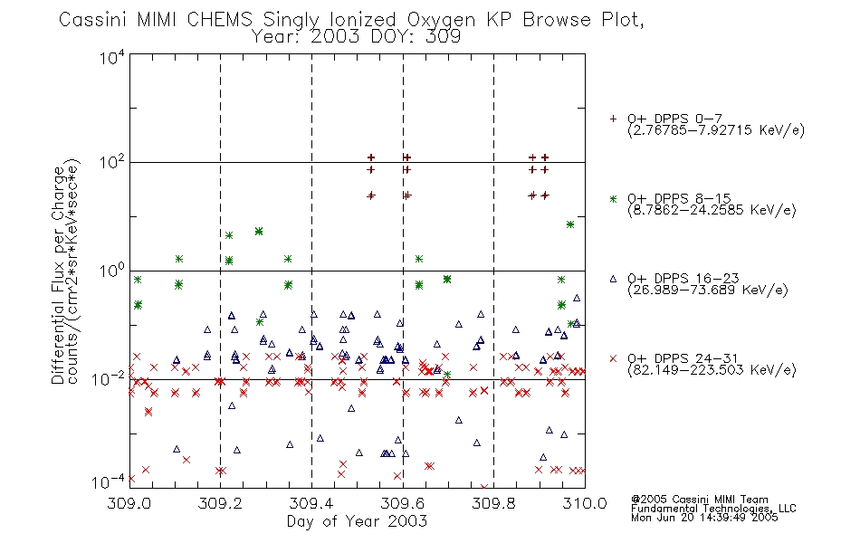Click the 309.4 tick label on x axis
pyautogui.click(x=311, y=503)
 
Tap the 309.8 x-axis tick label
pyautogui.click(x=493, y=503)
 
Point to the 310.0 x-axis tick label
pyautogui.click(x=585, y=503)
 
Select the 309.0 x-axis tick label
pyautogui.click(x=129, y=503)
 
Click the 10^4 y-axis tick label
pyautogui.click(x=112, y=56)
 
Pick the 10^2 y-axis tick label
pyautogui.click(x=112, y=162)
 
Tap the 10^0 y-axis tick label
pyautogui.click(x=112, y=271)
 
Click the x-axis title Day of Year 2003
pyautogui.click(x=357, y=521)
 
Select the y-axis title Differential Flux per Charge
pyautogui.click(x=58, y=275)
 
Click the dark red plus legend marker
pyautogui.click(x=613, y=119)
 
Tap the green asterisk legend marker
pyautogui.click(x=613, y=198)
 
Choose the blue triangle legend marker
pyautogui.click(x=613, y=279)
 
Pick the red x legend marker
pyautogui.click(x=613, y=358)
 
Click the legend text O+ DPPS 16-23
pyautogui.click(x=683, y=278)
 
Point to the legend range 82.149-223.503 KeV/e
pyautogui.click(x=712, y=370)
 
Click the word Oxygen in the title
pyautogui.click(x=441, y=20)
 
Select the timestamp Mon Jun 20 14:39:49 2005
pyautogui.click(x=704, y=518)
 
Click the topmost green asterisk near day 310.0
pyautogui.click(x=570, y=224)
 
